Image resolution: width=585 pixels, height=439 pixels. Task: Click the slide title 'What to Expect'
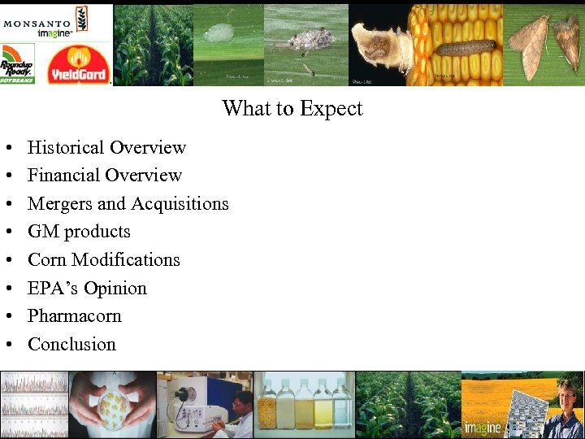[x=292, y=108]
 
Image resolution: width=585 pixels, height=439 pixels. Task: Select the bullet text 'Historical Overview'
[x=106, y=147]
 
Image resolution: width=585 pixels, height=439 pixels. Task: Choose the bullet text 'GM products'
[x=79, y=232]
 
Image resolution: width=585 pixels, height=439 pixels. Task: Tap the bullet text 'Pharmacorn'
[x=74, y=316]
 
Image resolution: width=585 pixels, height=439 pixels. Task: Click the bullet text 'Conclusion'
[x=71, y=345]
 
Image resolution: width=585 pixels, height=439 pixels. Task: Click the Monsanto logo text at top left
[x=37, y=23]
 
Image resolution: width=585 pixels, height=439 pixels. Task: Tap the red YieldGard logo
[x=79, y=65]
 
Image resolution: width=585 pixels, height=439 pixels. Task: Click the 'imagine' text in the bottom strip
[x=482, y=428]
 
